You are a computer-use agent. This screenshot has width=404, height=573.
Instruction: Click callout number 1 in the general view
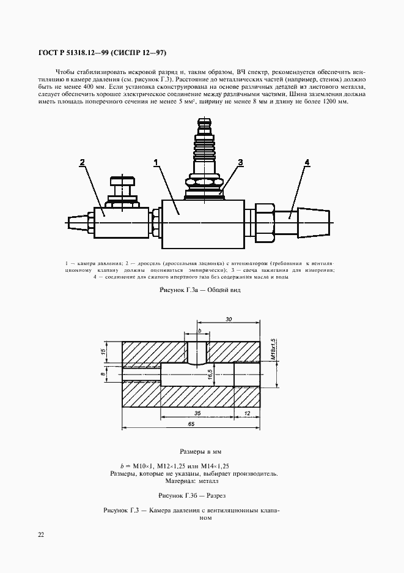(157, 162)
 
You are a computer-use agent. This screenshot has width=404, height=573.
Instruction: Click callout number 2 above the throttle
(83, 162)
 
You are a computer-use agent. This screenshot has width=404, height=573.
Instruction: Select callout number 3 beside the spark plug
(241, 162)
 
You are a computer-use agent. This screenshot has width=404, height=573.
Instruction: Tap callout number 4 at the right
(307, 162)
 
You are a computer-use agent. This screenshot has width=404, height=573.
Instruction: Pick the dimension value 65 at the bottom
(191, 424)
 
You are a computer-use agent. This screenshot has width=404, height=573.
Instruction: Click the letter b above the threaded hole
(199, 331)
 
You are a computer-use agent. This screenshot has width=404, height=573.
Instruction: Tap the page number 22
(41, 534)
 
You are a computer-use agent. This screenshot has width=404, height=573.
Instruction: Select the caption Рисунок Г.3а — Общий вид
(200, 290)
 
